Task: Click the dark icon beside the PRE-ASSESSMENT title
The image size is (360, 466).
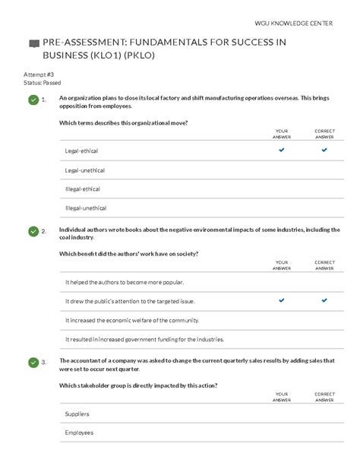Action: [33, 44]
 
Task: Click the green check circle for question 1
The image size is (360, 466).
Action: [33, 100]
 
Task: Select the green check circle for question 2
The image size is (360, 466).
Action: [33, 230]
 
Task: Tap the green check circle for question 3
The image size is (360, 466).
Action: [33, 362]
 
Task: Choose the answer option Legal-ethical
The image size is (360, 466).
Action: [82, 151]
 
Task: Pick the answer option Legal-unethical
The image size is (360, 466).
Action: [85, 170]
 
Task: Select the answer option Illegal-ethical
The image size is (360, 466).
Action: [83, 189]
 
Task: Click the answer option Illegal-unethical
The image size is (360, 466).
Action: [86, 208]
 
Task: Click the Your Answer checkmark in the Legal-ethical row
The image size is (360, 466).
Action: [282, 151]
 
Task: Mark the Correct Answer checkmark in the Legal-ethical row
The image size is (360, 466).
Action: [324, 151]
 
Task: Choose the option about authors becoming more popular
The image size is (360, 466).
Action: [125, 282]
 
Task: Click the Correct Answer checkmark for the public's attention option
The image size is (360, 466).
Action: [324, 300]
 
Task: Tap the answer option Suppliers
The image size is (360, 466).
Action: [77, 414]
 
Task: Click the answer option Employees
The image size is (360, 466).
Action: [80, 433]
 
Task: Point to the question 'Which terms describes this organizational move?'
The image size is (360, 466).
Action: [123, 123]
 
